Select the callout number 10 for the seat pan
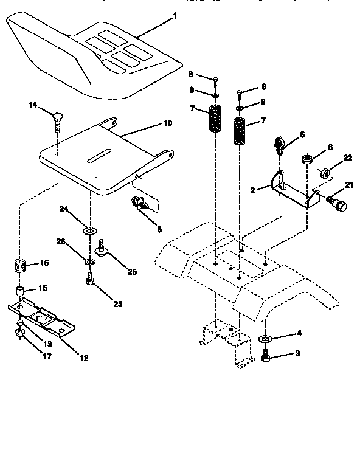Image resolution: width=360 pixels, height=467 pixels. pos(167,123)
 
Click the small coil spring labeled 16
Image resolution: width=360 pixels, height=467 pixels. pos(21,266)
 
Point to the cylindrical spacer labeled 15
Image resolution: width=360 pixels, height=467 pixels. pos(21,290)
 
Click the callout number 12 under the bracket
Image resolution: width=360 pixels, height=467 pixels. pos(84,358)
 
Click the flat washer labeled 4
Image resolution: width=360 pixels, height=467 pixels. pos(266,339)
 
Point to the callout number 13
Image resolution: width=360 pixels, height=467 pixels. pos(47,344)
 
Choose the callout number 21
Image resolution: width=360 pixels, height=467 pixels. pos(348,185)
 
